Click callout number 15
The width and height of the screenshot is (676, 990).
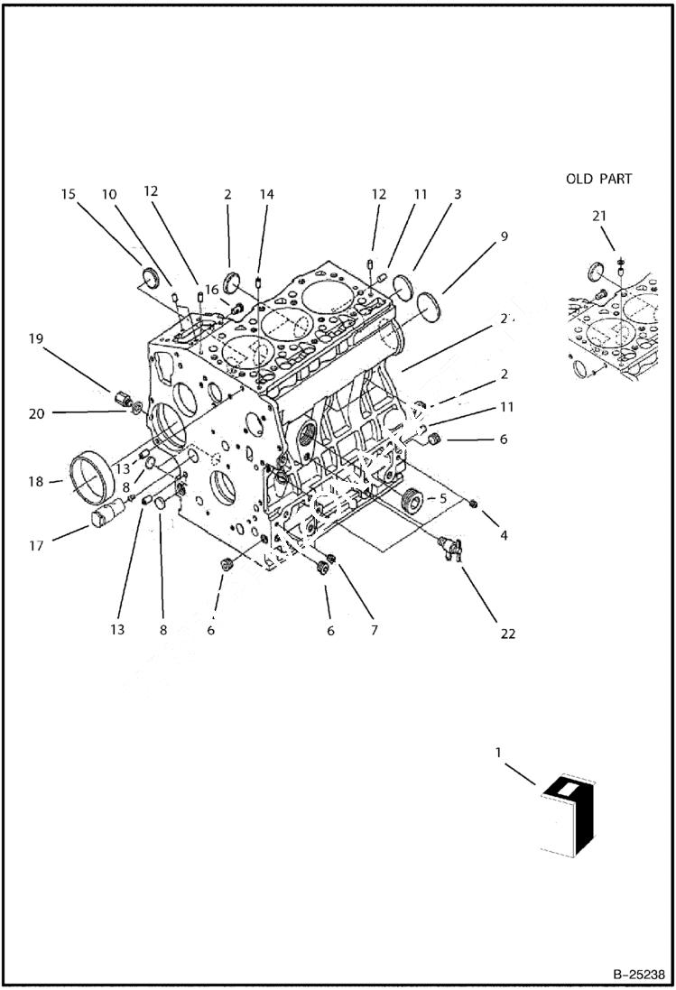click(69, 194)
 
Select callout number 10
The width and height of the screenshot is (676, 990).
click(108, 194)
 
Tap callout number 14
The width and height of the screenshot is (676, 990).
click(265, 194)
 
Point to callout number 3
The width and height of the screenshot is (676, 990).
click(458, 194)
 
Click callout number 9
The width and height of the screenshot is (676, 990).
click(504, 236)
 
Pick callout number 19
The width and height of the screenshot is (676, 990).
click(35, 339)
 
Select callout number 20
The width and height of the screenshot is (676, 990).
click(35, 413)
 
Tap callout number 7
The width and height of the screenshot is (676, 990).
click(373, 630)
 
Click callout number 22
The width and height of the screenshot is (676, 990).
click(507, 634)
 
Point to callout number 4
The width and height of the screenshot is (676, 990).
click(504, 535)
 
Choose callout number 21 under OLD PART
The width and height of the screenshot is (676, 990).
click(599, 216)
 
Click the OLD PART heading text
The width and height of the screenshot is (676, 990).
click(598, 179)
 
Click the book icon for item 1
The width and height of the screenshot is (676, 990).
click(566, 812)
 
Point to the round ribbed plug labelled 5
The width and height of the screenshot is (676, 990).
click(412, 499)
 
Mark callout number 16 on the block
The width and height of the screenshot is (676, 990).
click(210, 289)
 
